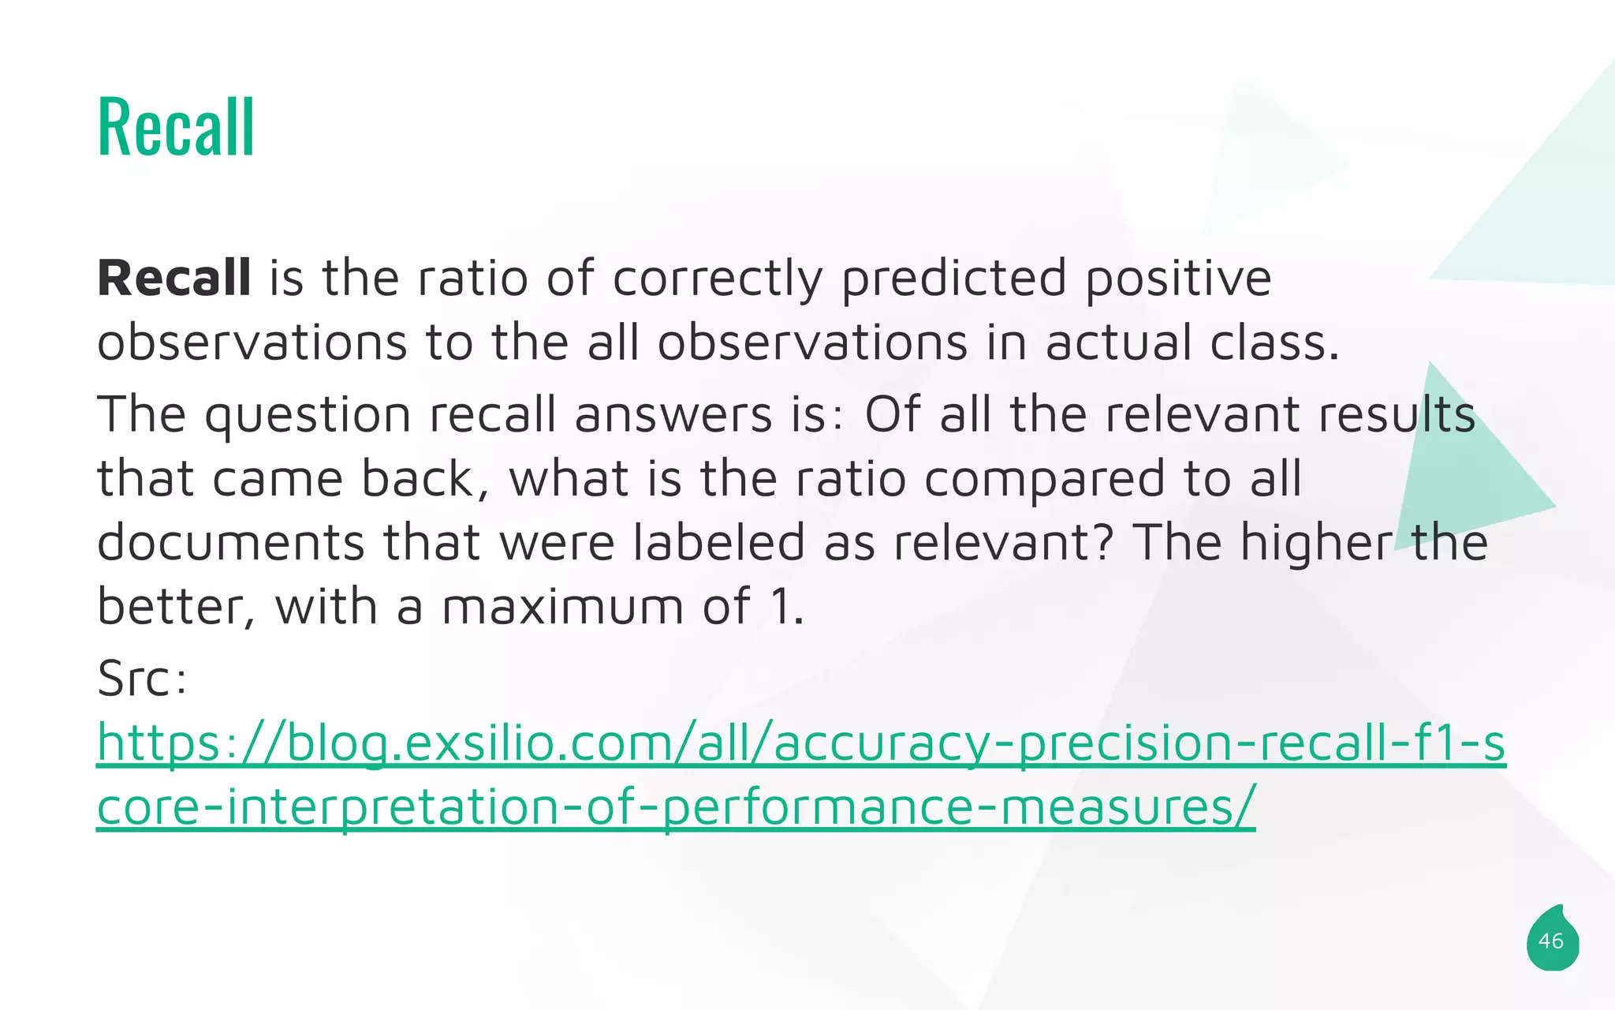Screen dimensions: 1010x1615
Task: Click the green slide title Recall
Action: click(x=176, y=127)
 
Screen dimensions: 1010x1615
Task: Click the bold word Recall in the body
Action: click(x=174, y=279)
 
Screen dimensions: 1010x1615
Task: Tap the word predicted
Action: click(x=954, y=280)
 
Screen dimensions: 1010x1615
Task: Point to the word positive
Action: click(x=1178, y=280)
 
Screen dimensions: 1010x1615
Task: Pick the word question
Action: click(x=308, y=416)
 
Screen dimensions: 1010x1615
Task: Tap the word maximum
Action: click(x=562, y=608)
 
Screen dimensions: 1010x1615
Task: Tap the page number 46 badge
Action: click(x=1551, y=941)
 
